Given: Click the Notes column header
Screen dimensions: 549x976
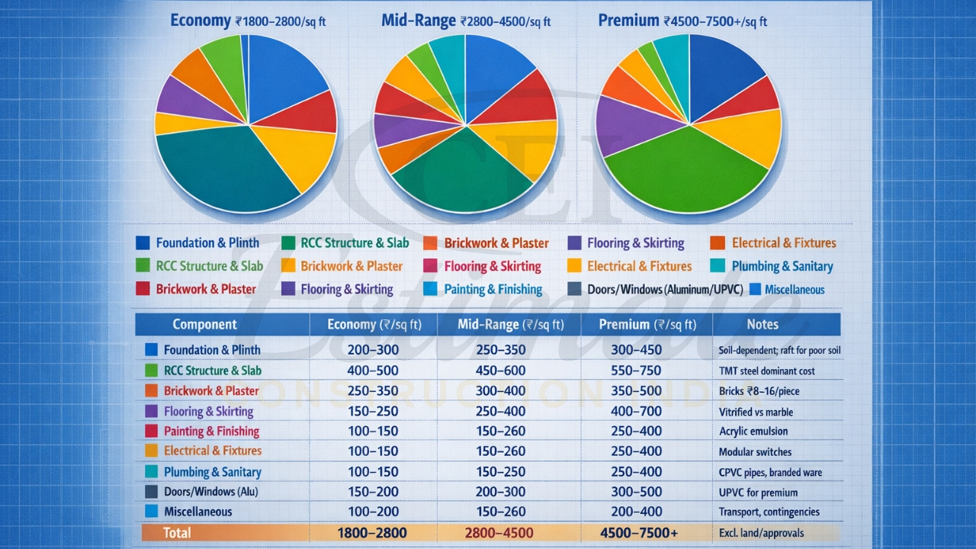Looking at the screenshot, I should tap(762, 324).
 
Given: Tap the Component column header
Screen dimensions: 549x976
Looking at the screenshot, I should tap(204, 324).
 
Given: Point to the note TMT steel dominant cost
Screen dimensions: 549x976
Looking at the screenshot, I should tap(766, 371).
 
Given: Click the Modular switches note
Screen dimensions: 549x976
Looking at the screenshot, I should tap(755, 452).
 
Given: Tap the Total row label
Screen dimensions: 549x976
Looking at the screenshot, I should tap(176, 532).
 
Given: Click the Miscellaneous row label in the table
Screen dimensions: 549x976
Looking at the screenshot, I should tap(197, 512).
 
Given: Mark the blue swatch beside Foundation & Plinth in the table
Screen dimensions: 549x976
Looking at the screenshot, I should tap(150, 350).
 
